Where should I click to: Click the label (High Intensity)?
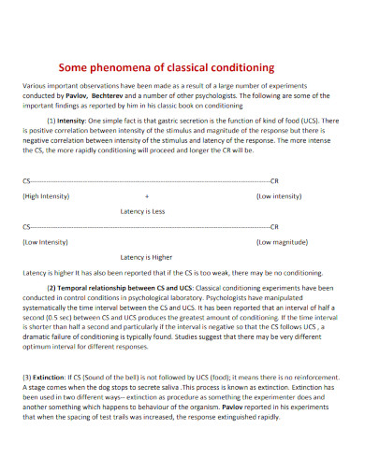pyautogui.click(x=45, y=197)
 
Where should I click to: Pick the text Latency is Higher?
pyautogui.click(x=147, y=256)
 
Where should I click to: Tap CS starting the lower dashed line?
pyautogui.click(x=25, y=225)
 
